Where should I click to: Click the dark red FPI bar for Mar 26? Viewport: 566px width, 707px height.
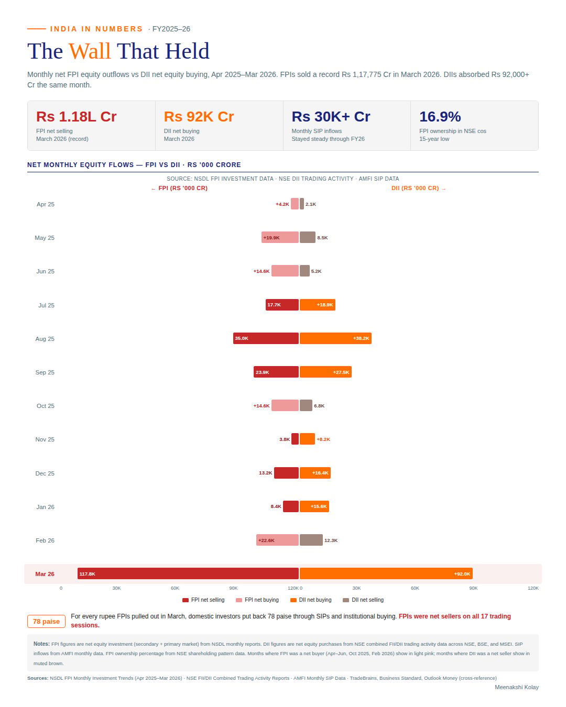188,573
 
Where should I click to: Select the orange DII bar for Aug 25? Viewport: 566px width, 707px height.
335,338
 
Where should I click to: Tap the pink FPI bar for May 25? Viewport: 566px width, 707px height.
280,237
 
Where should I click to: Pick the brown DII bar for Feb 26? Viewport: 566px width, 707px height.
311,540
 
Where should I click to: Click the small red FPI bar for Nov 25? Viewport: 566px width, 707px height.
295,439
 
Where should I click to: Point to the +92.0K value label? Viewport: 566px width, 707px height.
462,573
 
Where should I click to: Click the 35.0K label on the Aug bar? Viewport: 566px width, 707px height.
242,338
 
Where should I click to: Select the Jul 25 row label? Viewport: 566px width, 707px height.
46,305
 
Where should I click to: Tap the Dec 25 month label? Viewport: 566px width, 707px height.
45,473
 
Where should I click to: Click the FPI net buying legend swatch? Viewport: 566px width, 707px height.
239,600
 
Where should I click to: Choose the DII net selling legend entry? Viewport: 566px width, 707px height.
363,600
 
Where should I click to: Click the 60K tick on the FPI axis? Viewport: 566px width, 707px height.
175,588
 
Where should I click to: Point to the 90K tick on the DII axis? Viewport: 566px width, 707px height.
473,588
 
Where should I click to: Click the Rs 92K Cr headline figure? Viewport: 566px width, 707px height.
199,117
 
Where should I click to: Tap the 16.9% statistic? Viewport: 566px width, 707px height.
440,117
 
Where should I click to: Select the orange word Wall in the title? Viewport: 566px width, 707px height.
90,51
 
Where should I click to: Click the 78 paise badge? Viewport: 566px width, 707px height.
46,621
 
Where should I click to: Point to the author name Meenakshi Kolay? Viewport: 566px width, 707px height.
516,687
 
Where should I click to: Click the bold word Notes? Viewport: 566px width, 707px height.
41,644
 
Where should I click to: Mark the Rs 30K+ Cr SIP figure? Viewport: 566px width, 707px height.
331,117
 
